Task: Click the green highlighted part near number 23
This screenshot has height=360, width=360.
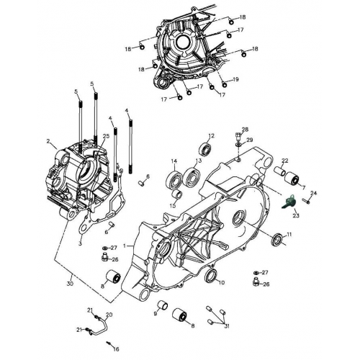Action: pos(289,202)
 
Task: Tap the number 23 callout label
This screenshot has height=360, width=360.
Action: pos(296,214)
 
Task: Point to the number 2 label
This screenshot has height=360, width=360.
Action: pos(48,141)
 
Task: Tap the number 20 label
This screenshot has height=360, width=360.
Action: pos(109,315)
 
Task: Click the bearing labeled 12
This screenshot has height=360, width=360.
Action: pos(207,149)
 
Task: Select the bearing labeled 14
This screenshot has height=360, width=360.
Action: pos(174,179)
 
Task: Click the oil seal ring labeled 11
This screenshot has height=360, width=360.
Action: pos(276,240)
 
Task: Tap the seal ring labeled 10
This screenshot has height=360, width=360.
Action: pos(211,277)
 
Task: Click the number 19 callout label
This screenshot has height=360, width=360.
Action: pos(236,78)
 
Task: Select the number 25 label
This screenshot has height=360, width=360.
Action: pos(106,136)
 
